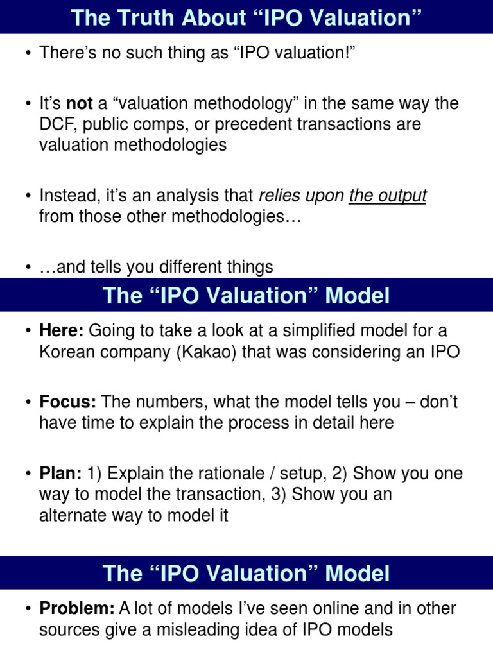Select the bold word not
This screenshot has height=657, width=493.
80,103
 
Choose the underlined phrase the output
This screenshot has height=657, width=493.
387,196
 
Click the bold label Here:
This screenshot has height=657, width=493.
61,331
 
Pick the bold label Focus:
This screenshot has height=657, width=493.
67,402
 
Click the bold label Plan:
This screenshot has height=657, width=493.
60,474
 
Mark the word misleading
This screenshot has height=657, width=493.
187,629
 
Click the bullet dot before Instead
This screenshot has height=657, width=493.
29,196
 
